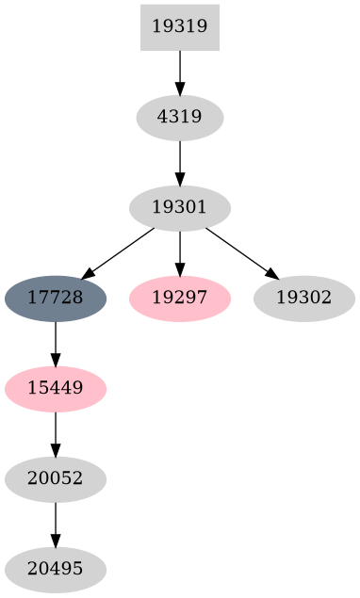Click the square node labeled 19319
(179, 26)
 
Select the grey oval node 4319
(179, 118)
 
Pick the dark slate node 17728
(56, 299)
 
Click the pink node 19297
(179, 299)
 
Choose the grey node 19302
(303, 299)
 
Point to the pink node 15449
(56, 389)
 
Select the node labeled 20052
(56, 479)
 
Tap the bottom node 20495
(56, 570)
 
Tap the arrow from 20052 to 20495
(56, 524)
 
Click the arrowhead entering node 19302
(270, 274)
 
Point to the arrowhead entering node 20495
(56, 541)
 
